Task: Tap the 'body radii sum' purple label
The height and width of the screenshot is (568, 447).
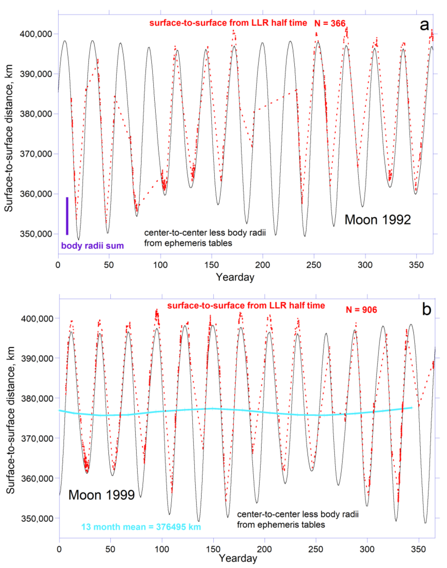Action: pos(92,246)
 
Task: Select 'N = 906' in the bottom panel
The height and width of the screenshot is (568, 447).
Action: pos(361,310)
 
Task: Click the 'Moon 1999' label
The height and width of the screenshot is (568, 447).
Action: pos(102,495)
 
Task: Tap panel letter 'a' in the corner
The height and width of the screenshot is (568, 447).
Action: pos(424,25)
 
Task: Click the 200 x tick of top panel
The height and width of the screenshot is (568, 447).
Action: pos(263,265)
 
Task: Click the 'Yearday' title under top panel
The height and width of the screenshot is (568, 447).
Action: pos(235,277)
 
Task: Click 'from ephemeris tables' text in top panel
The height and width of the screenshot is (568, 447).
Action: pos(188,243)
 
